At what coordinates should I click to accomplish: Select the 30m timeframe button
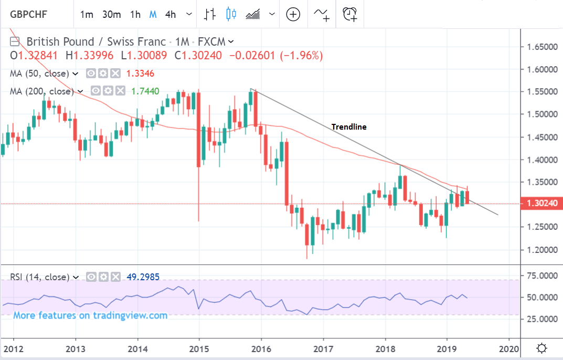pyautogui.click(x=111, y=14)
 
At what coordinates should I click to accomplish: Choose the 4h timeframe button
pyautogui.click(x=170, y=14)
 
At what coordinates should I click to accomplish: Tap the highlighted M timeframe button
pyautogui.click(x=153, y=14)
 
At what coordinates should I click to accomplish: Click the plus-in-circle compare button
pyautogui.click(x=293, y=14)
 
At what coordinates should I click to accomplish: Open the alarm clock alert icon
pyautogui.click(x=350, y=14)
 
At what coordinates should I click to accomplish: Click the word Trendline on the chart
pyautogui.click(x=349, y=126)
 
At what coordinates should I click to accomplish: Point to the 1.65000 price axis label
pyautogui.click(x=542, y=47)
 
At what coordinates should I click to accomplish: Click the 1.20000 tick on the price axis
pyautogui.click(x=542, y=250)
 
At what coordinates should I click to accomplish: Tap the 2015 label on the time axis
pyautogui.click(x=199, y=348)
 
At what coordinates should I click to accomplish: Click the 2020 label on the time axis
pyautogui.click(x=508, y=348)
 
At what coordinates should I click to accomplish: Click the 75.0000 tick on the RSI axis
pyautogui.click(x=542, y=276)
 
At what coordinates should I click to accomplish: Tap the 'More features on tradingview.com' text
pyautogui.click(x=90, y=315)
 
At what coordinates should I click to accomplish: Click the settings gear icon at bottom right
pyautogui.click(x=542, y=348)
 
